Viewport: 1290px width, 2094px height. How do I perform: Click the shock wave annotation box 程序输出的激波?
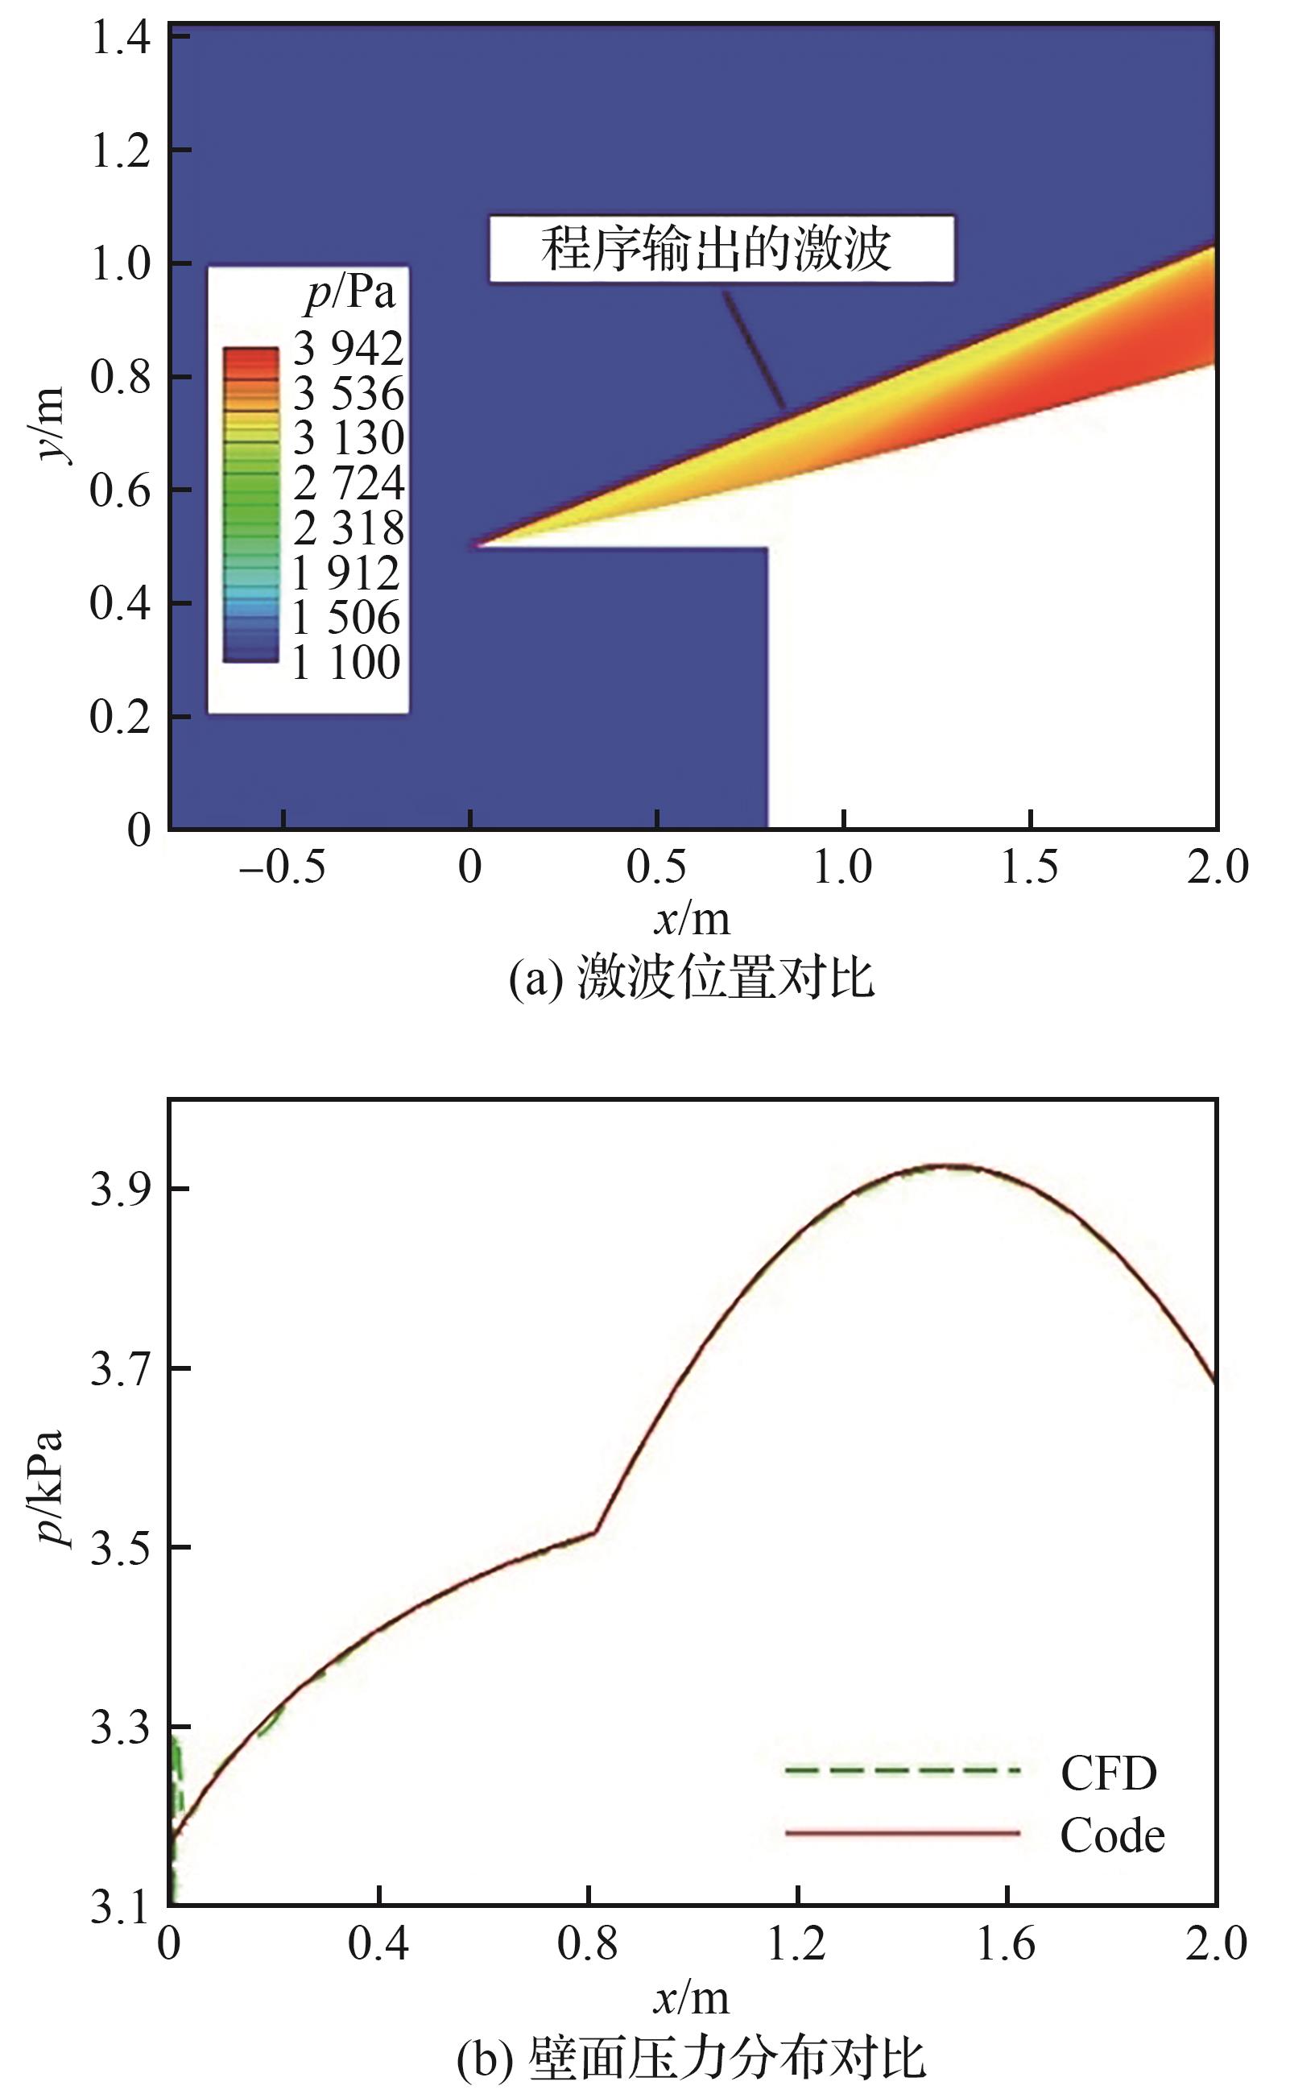tap(721, 249)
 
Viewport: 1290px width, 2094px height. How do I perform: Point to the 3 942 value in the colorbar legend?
tap(348, 348)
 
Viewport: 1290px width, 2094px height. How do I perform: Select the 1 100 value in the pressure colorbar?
tap(346, 662)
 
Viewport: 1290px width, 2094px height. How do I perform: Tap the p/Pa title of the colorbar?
tap(350, 293)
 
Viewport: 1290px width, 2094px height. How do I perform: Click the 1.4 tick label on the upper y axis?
tap(120, 39)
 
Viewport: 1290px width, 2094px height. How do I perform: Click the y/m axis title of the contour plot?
tap(49, 424)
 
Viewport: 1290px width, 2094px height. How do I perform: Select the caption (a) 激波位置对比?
tap(691, 978)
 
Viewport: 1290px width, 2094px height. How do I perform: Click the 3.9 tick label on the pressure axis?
tap(120, 1189)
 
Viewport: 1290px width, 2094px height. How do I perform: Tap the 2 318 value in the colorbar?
tap(348, 528)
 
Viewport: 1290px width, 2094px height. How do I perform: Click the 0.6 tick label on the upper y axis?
tap(120, 490)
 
